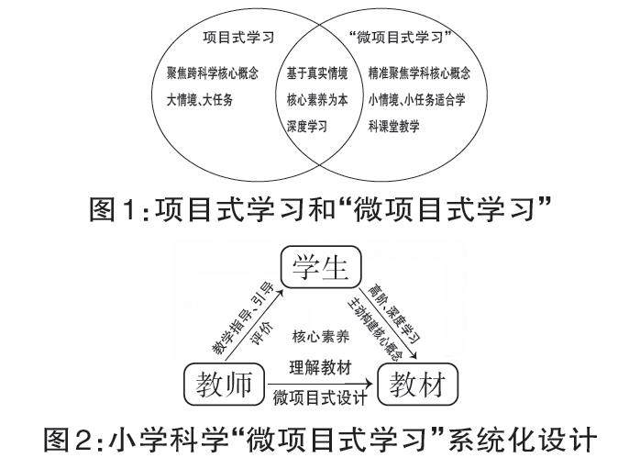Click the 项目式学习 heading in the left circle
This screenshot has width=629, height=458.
coord(238,39)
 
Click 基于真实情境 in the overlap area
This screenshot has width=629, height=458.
coord(316,72)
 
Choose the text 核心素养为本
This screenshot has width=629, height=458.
coord(316,98)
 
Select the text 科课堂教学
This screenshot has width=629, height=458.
coord(393,126)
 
